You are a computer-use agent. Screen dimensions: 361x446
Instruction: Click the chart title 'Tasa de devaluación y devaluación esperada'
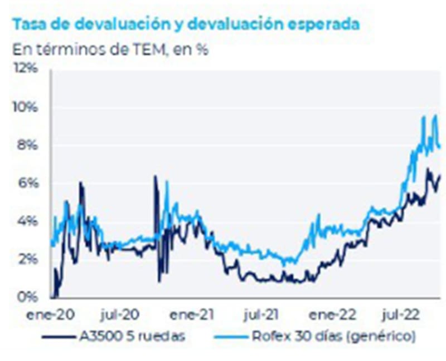(186, 25)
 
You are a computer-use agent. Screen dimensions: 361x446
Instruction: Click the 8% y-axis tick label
(28, 145)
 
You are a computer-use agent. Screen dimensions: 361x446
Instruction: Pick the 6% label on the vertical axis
(28, 183)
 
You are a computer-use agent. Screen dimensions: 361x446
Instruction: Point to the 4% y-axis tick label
(28, 221)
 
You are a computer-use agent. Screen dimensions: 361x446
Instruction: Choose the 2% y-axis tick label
(28, 259)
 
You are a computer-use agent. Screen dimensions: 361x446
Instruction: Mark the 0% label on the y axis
(28, 296)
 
